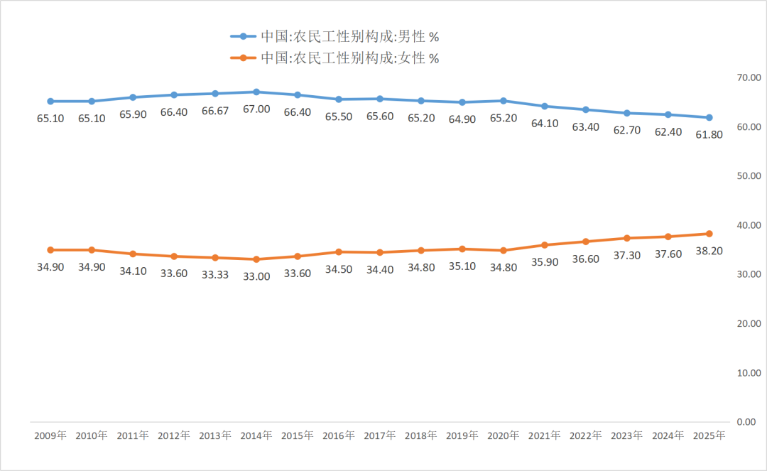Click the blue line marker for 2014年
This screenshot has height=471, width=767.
(x=256, y=92)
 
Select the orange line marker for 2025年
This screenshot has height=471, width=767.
(x=709, y=234)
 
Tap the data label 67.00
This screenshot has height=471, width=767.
(x=256, y=109)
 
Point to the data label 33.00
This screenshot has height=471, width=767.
(x=256, y=276)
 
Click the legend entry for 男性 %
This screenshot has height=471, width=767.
(x=334, y=36)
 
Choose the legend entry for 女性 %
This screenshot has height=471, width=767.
(x=334, y=58)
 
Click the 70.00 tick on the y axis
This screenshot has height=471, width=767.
(x=749, y=77)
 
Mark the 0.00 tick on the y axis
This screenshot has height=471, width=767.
(x=746, y=421)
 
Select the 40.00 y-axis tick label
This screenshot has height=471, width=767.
(x=749, y=225)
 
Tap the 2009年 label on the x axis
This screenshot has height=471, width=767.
(x=50, y=435)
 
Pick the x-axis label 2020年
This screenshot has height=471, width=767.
(x=504, y=435)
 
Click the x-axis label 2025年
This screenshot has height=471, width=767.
(x=709, y=435)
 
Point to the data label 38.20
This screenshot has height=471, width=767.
(x=709, y=251)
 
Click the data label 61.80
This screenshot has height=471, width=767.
(x=709, y=134)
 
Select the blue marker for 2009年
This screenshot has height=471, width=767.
(x=50, y=102)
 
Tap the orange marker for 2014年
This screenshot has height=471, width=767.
(x=256, y=259)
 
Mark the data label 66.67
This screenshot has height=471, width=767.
(x=215, y=111)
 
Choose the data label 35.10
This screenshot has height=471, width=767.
(x=462, y=266)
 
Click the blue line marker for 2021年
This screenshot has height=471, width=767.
(x=545, y=106)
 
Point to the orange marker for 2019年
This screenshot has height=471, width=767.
(x=462, y=249)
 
